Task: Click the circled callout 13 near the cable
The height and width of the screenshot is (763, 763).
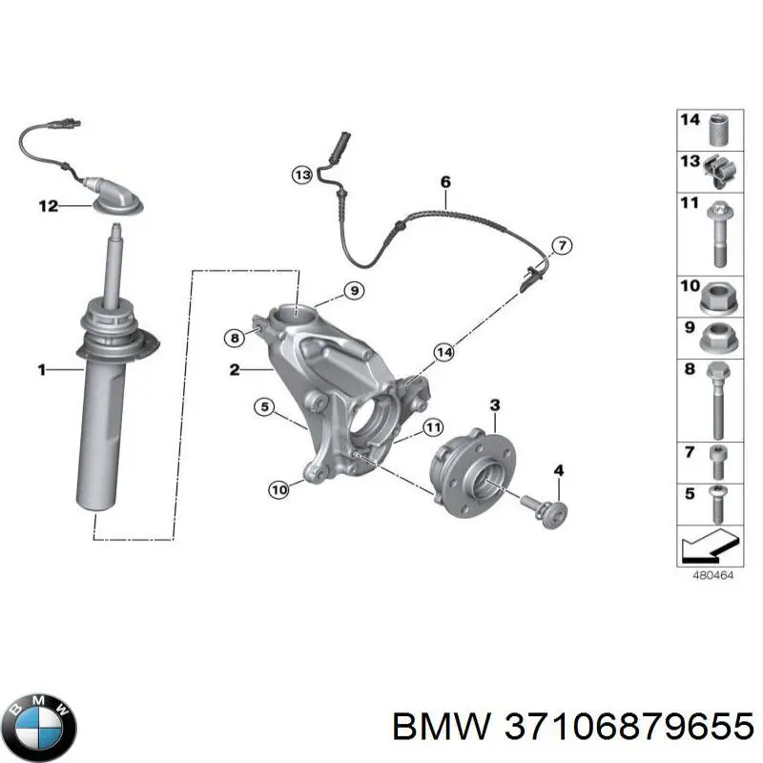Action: [x=302, y=175]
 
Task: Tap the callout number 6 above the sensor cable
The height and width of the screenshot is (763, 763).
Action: [x=444, y=181]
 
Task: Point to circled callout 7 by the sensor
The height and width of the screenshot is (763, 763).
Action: [x=562, y=246]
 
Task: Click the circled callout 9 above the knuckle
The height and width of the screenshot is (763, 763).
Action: [x=351, y=290]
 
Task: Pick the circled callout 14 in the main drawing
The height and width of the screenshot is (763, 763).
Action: [x=442, y=352]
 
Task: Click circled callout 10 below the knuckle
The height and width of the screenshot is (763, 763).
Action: [x=278, y=490]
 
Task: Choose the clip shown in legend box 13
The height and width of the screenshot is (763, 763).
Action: [x=718, y=171]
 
